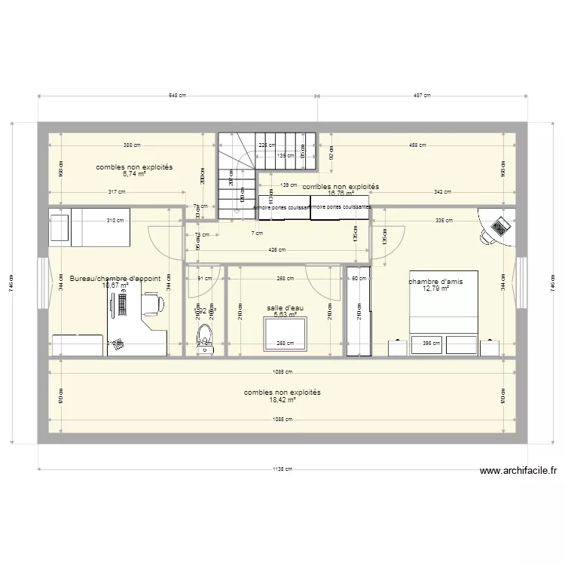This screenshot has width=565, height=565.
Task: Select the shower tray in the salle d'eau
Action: point(286,334)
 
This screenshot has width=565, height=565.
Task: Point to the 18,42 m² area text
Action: point(282,401)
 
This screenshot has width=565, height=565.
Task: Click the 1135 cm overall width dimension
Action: point(282,469)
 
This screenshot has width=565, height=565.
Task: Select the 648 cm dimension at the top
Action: point(178,96)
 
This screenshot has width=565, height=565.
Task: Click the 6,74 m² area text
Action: point(134,173)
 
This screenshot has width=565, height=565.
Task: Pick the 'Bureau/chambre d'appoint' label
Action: point(115,278)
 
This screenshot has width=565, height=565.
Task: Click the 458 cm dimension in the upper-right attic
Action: point(417,145)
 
